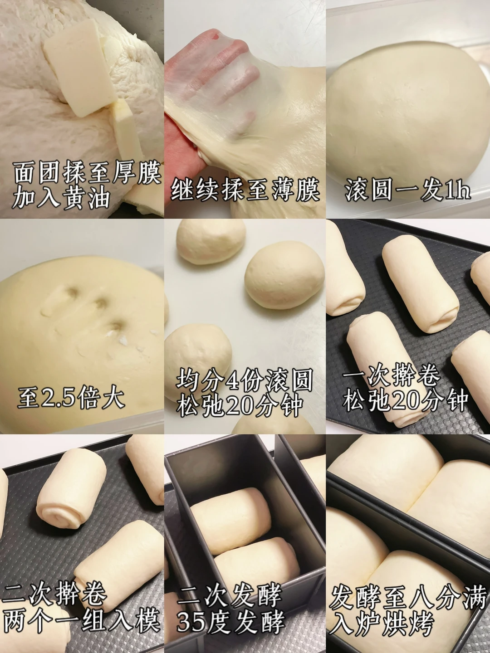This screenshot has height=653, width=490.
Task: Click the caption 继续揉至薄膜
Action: (245, 188)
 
